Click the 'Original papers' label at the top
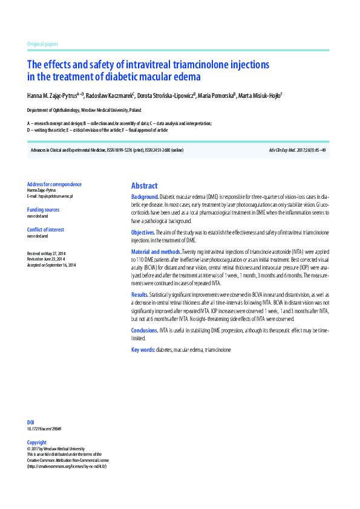pos(43,45)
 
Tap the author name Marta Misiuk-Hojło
pos(260,96)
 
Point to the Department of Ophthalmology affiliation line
pos(84,111)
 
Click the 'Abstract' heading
pos(144,186)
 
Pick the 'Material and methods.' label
pos(156,251)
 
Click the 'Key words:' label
pos(143,350)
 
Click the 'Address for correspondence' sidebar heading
pos(54,184)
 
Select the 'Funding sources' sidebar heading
pos(44,210)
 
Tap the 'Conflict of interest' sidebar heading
pos(45,230)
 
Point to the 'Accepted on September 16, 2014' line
pos(51,265)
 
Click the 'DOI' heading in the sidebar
pos(31,422)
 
